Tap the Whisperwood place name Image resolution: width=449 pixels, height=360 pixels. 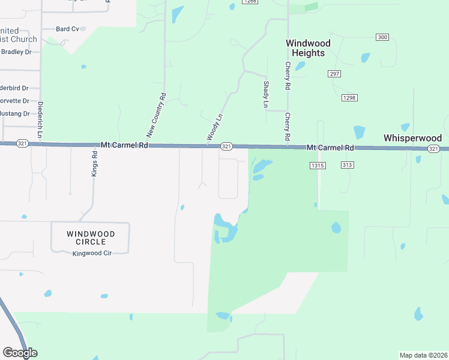412,138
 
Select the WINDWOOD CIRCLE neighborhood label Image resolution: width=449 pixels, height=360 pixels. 90,238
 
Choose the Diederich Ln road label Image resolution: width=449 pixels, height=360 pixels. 40,120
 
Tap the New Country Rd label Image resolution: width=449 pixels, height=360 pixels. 155,115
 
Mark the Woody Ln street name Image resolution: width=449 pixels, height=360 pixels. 215,128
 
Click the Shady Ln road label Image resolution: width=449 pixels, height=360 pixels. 265,95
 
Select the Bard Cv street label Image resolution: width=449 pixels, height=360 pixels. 67,29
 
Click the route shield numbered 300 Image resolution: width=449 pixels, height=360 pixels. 382,37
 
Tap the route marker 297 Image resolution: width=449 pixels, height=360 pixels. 334,74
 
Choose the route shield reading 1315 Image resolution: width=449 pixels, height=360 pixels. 318,165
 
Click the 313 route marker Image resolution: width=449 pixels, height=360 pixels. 346,165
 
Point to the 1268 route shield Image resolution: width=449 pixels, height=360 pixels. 250,2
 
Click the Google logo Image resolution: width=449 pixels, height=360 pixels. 20,353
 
